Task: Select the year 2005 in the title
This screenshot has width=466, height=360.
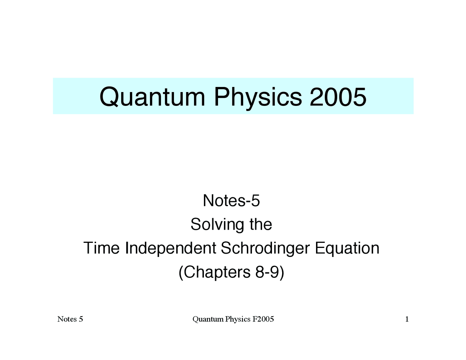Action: (338, 97)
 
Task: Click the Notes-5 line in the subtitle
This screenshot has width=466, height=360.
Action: (231, 201)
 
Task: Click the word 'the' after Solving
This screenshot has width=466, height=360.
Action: (261, 225)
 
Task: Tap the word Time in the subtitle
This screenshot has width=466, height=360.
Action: (102, 248)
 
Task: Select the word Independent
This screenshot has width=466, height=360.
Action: (171, 248)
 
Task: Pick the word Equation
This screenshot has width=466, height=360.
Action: (347, 248)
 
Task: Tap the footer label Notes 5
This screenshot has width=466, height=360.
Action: (70, 319)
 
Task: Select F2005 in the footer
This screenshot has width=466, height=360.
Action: (263, 319)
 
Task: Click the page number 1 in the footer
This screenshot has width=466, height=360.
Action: (407, 319)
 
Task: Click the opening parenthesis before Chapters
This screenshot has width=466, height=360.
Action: (181, 272)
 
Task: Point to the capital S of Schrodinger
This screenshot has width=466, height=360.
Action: (225, 248)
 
